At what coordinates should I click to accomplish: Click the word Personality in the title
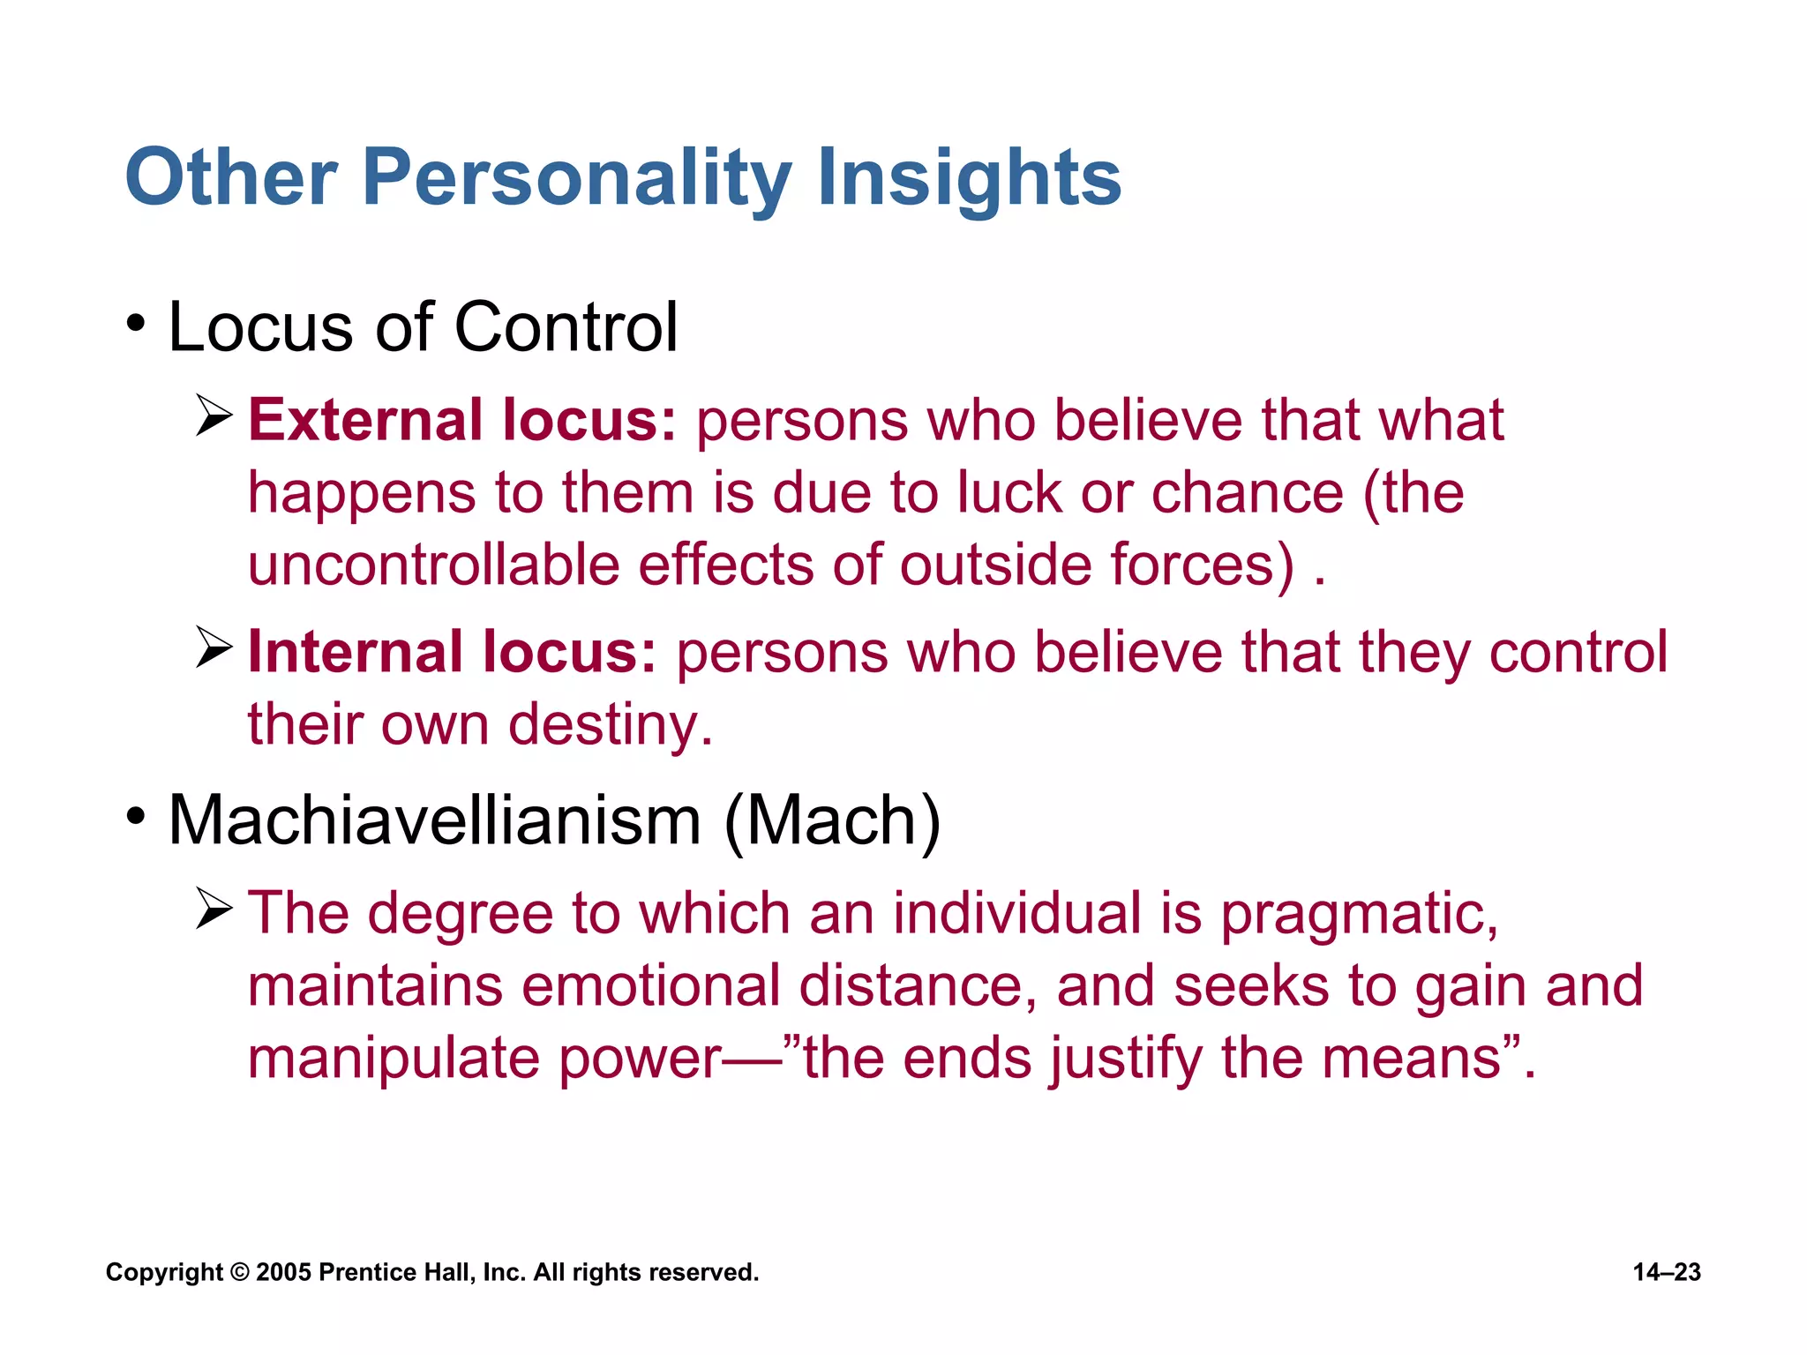[577, 179]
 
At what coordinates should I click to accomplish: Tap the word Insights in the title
[968, 179]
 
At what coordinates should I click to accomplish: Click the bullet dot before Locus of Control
[135, 324]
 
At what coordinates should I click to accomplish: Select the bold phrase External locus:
[461, 420]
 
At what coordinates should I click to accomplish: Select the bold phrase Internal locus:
[452, 652]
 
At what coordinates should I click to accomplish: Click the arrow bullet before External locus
[214, 416]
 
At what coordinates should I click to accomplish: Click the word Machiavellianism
[434, 820]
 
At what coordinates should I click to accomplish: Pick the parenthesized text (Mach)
[832, 820]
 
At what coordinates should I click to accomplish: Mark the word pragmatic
[1359, 914]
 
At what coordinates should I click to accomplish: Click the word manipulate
[393, 1059]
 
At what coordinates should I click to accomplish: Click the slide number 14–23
[1666, 1272]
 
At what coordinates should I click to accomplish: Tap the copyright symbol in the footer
[239, 1272]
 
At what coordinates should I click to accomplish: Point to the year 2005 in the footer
[283, 1272]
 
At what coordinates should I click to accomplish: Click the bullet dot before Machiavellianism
[135, 817]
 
